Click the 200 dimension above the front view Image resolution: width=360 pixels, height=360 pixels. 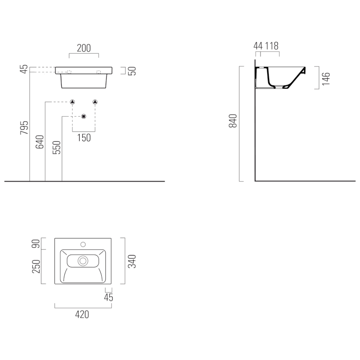pos(84,48)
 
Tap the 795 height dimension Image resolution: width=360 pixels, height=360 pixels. pos(24,127)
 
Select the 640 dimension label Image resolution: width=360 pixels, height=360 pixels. pos(40,142)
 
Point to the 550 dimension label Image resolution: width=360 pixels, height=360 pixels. pos(57,148)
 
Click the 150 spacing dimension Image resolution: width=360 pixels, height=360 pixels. pos(84,138)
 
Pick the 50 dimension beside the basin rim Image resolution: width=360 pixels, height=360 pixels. pos(132,71)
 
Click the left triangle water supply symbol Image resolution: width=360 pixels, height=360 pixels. pos(72,102)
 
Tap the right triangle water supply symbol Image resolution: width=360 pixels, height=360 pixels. pos(95,102)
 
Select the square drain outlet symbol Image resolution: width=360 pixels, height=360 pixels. pos(84,117)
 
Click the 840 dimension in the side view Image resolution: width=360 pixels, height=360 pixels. pos(233,121)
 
